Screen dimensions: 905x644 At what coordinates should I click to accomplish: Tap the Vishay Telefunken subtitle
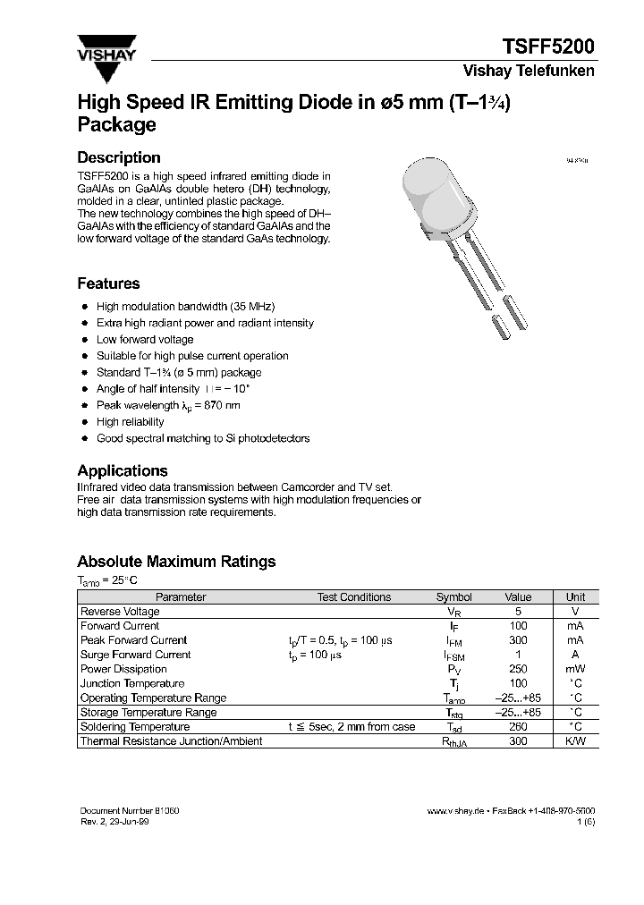528,72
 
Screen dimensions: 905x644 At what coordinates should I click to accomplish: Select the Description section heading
119,157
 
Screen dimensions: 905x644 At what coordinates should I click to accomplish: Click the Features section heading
108,283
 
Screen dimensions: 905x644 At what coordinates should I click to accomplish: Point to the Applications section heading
123,470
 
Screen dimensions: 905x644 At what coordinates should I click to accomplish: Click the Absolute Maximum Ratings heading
176,562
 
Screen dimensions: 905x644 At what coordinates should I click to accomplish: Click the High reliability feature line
131,421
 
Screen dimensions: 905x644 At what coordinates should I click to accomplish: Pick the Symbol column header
453,596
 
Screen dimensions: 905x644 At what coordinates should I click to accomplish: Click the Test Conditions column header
354,596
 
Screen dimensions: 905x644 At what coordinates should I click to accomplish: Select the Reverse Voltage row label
120,611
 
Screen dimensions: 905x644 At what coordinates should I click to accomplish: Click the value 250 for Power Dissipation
518,669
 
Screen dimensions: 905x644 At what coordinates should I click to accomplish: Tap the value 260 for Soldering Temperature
518,727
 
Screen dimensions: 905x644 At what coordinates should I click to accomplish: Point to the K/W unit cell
575,741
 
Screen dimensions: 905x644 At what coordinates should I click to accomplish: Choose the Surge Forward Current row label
135,655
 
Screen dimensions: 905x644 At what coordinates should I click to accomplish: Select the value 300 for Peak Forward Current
518,640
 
